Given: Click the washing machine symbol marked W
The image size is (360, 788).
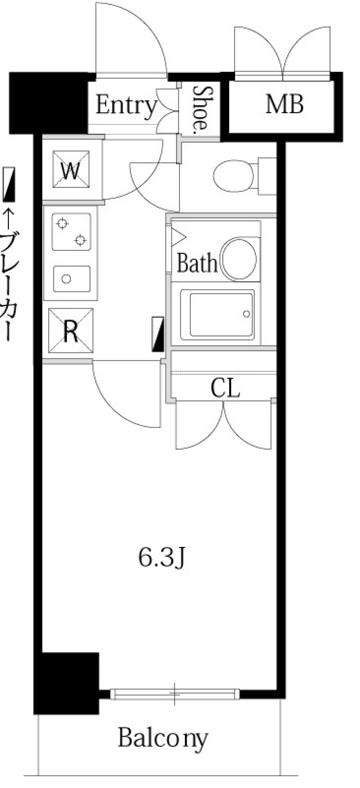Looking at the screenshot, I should point(71,170).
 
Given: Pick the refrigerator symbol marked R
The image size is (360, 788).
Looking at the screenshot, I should point(70,330).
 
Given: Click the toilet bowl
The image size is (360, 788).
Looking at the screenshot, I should point(234,176).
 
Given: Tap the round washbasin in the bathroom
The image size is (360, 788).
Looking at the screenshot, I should point(239,258).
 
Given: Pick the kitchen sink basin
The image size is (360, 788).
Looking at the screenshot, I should point(72,279).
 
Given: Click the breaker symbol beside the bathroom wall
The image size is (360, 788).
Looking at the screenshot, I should point(158,334).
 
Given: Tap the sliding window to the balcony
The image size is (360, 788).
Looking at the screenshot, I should point(175,693).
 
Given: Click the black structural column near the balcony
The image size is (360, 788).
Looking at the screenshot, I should point(67,683).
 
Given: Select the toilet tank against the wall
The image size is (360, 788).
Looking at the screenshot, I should point(267,176).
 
